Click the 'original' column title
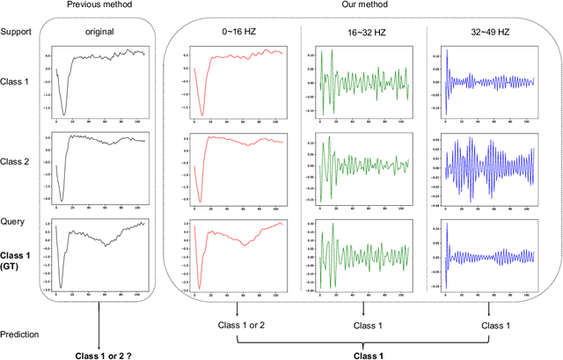click(100, 33)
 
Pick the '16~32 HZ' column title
click(364, 33)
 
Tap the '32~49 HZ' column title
click(489, 33)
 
